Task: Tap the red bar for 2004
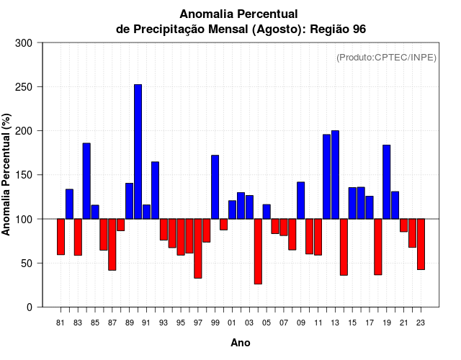point(258,251)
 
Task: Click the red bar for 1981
point(61,237)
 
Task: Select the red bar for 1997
point(197,248)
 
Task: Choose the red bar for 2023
point(421,244)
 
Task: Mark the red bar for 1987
point(112,245)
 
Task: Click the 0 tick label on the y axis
point(29,307)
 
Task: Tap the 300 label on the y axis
point(24,43)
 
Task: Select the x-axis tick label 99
point(215,323)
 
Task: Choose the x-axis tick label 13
point(335,323)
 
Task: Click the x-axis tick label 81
point(61,323)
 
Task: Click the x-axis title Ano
point(241,343)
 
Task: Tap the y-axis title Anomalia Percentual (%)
point(6,175)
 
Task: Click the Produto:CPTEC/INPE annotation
point(386,58)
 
